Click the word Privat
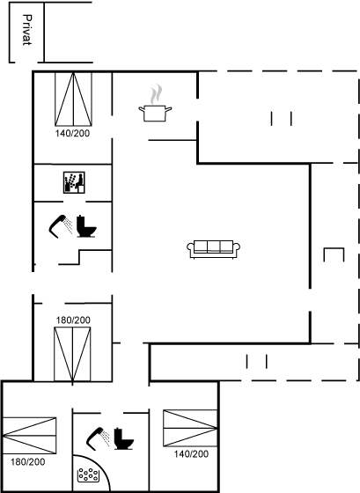pyautogui.click(x=27, y=30)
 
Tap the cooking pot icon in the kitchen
pyautogui.click(x=155, y=114)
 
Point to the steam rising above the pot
pyautogui.click(x=156, y=94)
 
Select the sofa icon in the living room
pyautogui.click(x=214, y=250)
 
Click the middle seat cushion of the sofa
pyautogui.click(x=214, y=246)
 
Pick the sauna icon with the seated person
pyautogui.click(x=74, y=182)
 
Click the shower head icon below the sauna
pyautogui.click(x=61, y=226)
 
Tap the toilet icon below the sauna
pyautogui.click(x=86, y=226)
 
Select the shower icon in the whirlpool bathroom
pyautogui.click(x=98, y=438)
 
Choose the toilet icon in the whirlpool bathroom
pyautogui.click(x=123, y=438)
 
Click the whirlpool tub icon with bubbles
pyautogui.click(x=89, y=475)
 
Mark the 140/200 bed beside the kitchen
pyautogui.click(x=74, y=99)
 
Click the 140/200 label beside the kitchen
pyautogui.click(x=73, y=133)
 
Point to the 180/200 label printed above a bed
pyautogui.click(x=73, y=320)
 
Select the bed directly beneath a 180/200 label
pyautogui.click(x=72, y=354)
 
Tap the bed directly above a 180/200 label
pyautogui.click(x=30, y=436)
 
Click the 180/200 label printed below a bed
pyautogui.click(x=28, y=462)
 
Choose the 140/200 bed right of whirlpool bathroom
pyautogui.click(x=190, y=428)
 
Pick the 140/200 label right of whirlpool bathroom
pyautogui.click(x=191, y=453)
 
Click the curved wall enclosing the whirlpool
pyautogui.click(x=99, y=465)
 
